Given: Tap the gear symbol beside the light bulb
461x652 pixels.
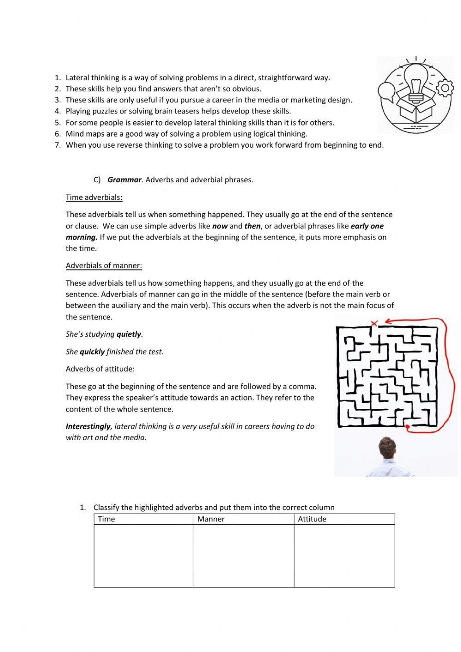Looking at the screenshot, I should (x=445, y=89).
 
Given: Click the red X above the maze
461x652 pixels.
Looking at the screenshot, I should (x=374, y=323).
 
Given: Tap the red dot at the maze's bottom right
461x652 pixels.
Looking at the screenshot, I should (x=408, y=427).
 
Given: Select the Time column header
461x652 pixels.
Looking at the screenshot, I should (x=106, y=519).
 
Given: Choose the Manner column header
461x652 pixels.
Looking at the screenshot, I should (x=211, y=519).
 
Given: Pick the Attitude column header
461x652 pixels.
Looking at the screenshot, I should (x=312, y=519).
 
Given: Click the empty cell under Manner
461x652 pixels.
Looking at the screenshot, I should (x=243, y=556).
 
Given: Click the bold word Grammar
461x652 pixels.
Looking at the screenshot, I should (x=124, y=180).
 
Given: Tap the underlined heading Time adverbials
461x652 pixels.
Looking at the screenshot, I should (x=94, y=197).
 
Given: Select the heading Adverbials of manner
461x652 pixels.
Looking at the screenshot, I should (x=104, y=266).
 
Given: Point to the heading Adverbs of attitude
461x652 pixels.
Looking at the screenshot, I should (x=100, y=369).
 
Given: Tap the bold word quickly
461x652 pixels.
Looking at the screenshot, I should (x=92, y=352).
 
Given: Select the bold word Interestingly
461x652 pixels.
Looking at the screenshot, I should (x=88, y=427).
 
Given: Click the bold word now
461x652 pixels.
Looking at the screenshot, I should (x=220, y=227).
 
